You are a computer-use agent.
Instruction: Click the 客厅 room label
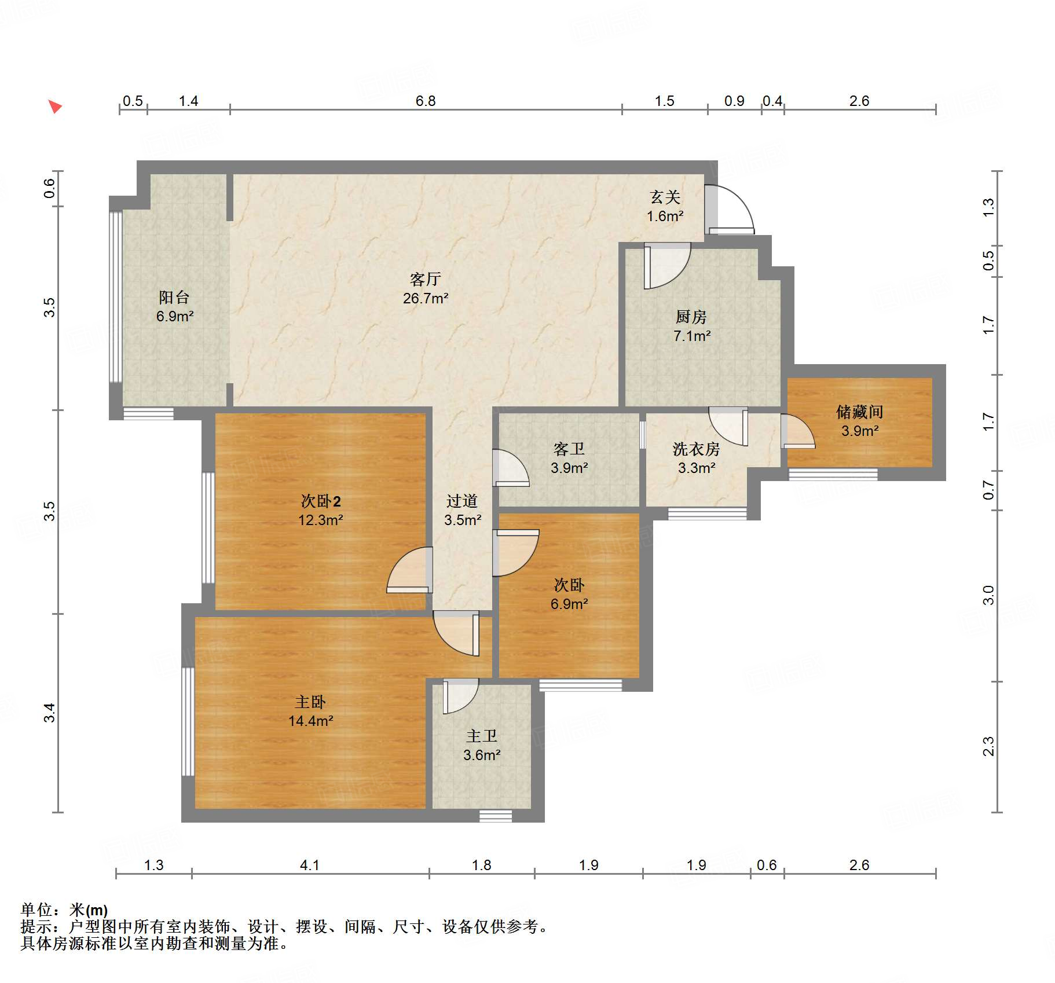[x=425, y=279]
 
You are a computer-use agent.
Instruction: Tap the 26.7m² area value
[x=425, y=298]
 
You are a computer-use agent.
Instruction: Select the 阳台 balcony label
[x=174, y=297]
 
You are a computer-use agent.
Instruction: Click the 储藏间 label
[x=859, y=412]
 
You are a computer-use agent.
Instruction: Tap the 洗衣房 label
[x=696, y=449]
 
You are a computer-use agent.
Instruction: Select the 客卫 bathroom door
[x=510, y=468]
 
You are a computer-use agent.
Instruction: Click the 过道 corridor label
[x=461, y=501]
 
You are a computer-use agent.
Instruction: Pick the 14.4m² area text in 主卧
[x=310, y=721]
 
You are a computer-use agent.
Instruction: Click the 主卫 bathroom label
[x=481, y=736]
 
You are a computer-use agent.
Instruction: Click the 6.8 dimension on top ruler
[x=425, y=101]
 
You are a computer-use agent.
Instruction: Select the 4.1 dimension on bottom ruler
[x=309, y=865]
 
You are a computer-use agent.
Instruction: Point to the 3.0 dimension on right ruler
[x=988, y=595]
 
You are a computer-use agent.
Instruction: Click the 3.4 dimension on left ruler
[x=50, y=712]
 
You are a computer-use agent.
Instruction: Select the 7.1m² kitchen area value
[x=691, y=336]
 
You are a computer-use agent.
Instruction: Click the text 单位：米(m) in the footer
[x=64, y=910]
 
